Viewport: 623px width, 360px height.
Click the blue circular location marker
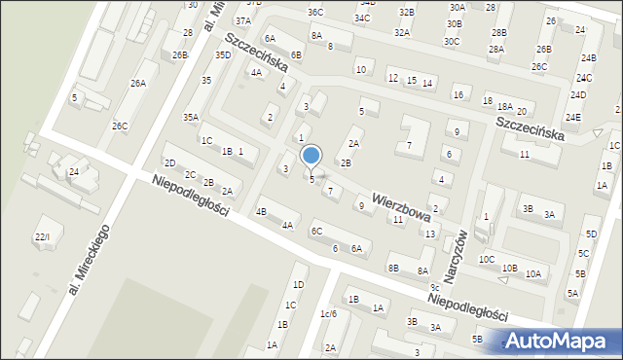[311, 156]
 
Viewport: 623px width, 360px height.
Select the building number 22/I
[41, 237]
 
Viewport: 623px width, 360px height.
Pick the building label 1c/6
[328, 313]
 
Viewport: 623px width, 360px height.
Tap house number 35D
[223, 55]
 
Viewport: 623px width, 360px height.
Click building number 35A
[191, 118]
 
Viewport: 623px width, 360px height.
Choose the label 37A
[242, 20]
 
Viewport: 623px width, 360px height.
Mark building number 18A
[504, 107]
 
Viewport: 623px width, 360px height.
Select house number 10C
[487, 260]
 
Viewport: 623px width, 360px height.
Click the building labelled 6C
[316, 232]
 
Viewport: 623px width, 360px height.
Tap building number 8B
[393, 268]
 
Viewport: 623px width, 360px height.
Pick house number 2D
[169, 162]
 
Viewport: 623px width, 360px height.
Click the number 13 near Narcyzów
[429, 234]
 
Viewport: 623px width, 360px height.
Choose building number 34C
[362, 18]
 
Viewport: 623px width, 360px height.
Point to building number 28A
[496, 50]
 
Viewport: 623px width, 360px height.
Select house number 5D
[592, 234]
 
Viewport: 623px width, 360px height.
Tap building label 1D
[299, 284]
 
